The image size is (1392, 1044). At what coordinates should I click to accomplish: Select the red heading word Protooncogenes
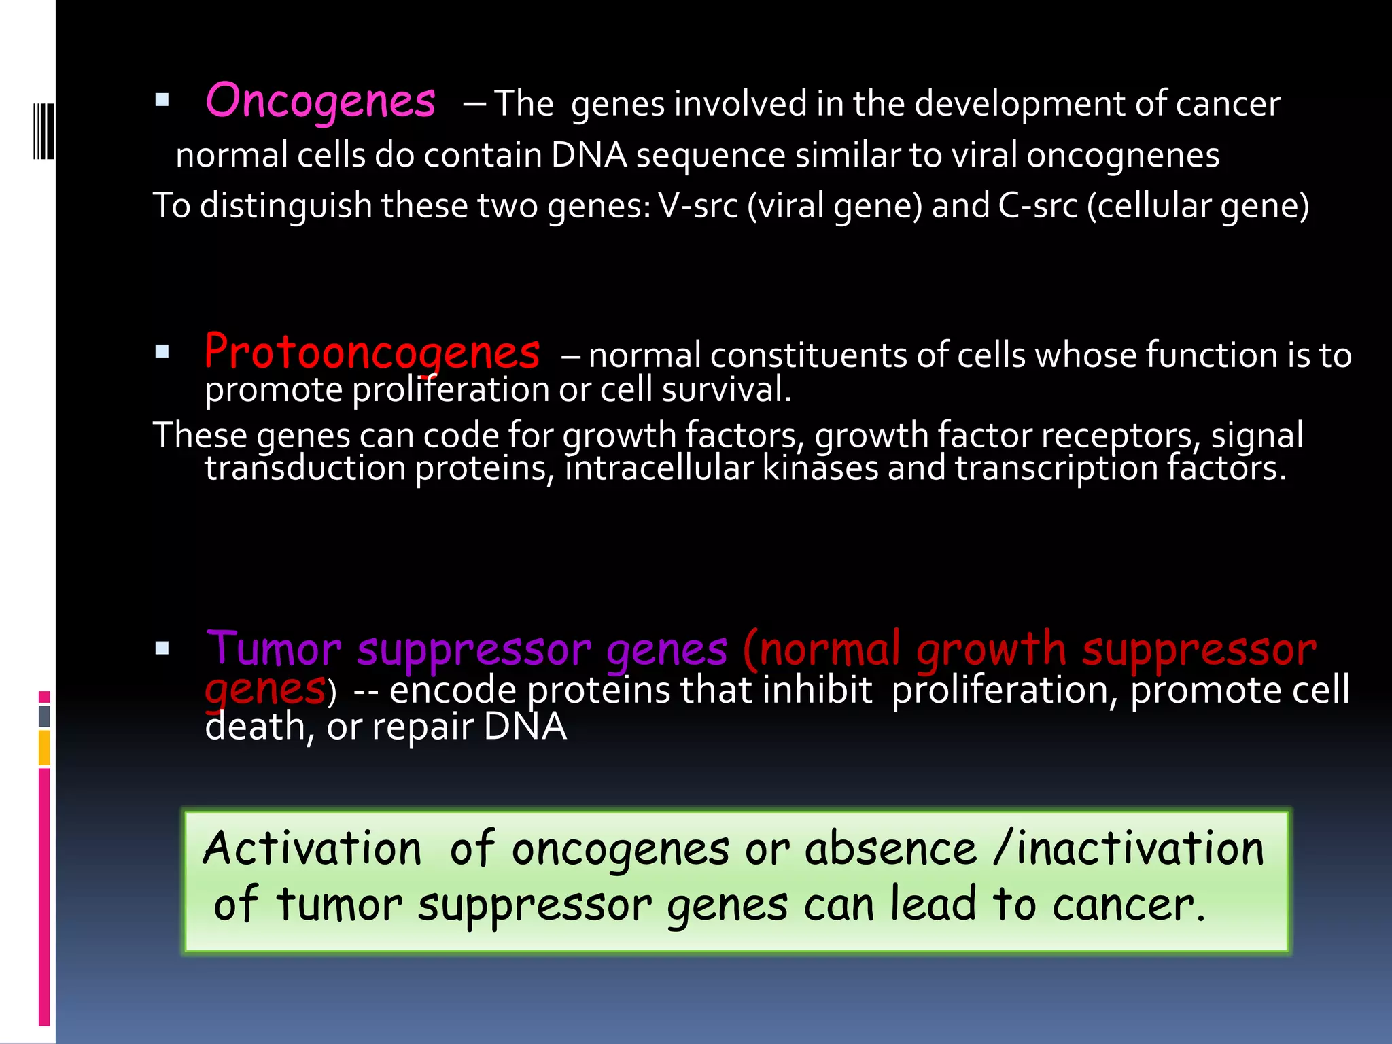[x=372, y=353]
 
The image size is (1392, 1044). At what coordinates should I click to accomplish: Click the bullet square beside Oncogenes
[x=162, y=101]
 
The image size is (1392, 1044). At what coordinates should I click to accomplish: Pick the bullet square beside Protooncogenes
[x=162, y=351]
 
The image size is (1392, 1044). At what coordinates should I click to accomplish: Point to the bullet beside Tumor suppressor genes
[x=162, y=648]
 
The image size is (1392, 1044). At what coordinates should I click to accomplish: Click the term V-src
[x=698, y=205]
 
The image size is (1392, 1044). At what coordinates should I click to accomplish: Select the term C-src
[x=1038, y=205]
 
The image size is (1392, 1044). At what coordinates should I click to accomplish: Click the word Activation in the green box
[x=313, y=849]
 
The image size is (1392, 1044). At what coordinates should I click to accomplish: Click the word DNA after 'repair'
[x=525, y=727]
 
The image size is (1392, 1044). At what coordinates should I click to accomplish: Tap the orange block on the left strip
[x=44, y=747]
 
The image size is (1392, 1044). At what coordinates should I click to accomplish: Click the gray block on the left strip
[x=44, y=716]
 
